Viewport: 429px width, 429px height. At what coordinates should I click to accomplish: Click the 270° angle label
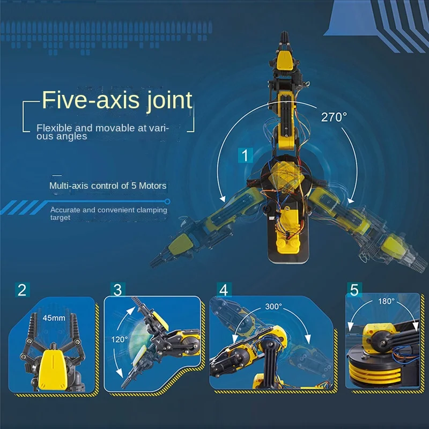(334, 117)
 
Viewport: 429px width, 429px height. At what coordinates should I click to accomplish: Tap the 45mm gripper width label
(54, 318)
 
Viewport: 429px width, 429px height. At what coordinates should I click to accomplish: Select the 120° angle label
(119, 339)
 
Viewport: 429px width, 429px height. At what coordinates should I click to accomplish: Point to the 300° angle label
(273, 306)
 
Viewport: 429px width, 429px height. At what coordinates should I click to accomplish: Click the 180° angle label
(386, 301)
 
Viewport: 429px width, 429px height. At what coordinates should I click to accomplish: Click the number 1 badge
(245, 156)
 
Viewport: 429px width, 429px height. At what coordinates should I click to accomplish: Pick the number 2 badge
(22, 290)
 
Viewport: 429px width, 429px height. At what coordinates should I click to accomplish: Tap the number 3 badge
(118, 290)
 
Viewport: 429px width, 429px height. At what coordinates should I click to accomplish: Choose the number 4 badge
(224, 290)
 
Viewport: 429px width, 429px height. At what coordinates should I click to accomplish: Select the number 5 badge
(354, 290)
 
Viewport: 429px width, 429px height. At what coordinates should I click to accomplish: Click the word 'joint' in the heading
(169, 100)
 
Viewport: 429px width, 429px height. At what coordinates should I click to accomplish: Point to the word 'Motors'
(152, 186)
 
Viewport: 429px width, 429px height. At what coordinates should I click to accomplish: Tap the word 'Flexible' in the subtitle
(54, 128)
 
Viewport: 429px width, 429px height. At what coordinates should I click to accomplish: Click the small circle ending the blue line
(167, 202)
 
